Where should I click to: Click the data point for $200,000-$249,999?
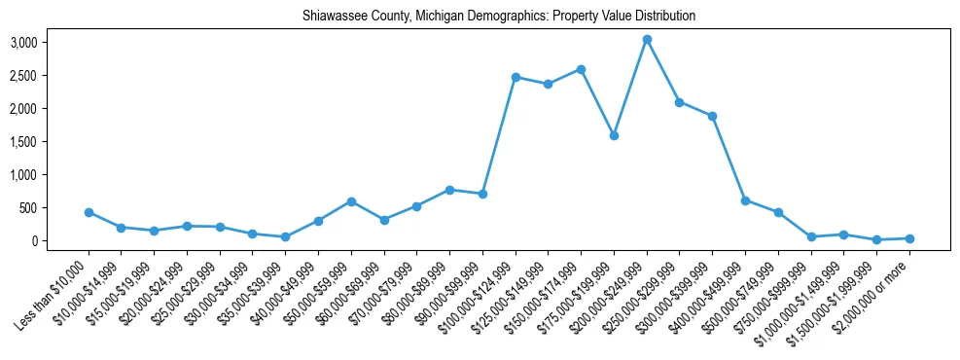point(647,40)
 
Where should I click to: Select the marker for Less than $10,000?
point(89,212)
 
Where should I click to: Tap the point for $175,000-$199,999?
point(614,135)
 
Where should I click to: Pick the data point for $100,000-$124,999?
point(516,77)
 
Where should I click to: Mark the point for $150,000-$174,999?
point(581,69)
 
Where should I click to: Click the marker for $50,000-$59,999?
point(351,201)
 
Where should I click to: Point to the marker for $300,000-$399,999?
point(712,116)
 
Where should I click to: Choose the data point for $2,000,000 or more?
point(909,238)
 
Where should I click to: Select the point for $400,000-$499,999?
point(745,200)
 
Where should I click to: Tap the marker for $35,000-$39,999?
point(285,236)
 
